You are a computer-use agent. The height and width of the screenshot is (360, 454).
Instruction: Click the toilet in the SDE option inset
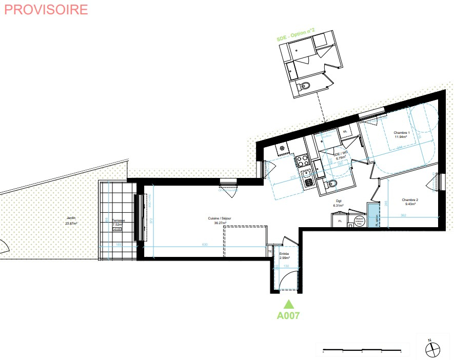304,86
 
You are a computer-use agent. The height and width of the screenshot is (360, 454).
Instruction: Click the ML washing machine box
345,132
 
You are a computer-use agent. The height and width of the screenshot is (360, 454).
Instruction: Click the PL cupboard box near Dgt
340,221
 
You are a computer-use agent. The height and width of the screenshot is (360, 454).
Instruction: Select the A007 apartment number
288,316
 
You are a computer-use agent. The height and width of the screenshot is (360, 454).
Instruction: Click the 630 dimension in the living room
205,245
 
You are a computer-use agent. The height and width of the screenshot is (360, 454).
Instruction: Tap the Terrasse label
119,221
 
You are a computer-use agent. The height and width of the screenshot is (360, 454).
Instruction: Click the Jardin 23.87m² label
71,221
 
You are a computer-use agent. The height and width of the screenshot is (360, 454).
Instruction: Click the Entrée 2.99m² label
284,256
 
